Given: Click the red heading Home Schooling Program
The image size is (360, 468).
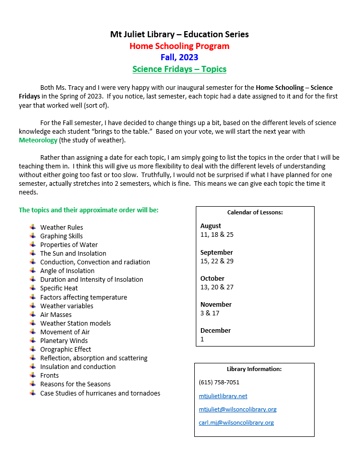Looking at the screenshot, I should coord(179,46).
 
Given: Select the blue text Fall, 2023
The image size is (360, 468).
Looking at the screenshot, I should coord(179,57).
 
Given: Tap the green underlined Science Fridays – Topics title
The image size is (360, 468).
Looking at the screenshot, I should coord(179,69).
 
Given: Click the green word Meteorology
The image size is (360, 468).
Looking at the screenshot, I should coord(38,140).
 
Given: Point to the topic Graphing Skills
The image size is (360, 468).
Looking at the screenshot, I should coord(61,236).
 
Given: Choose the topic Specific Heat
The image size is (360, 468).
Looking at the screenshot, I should coord(59,288).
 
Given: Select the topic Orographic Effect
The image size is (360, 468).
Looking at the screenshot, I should coord(65,350).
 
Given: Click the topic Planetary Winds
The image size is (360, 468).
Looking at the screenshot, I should coord(64,341).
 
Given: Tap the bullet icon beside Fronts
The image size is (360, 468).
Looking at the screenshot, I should coord(33,375).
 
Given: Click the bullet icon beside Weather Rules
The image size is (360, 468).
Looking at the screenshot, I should coord(33,227).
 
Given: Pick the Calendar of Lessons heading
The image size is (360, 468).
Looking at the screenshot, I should coord(255,212).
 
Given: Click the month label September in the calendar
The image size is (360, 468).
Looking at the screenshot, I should coord(216,252).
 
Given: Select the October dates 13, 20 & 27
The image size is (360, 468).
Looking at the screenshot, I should coord(217,287).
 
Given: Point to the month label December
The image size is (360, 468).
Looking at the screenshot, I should coord(215,330).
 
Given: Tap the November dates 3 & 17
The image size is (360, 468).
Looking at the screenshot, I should coord(210,313).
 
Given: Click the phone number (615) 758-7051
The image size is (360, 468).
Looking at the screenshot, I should coord(219,382).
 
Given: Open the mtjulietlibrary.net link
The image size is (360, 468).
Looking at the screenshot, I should coord(223,396).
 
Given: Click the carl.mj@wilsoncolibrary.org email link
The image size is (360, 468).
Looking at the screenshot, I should coord(236,423).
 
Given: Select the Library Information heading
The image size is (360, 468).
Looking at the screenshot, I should coord(254,369).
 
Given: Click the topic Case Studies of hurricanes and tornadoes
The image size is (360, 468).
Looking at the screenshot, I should coord(100,393).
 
